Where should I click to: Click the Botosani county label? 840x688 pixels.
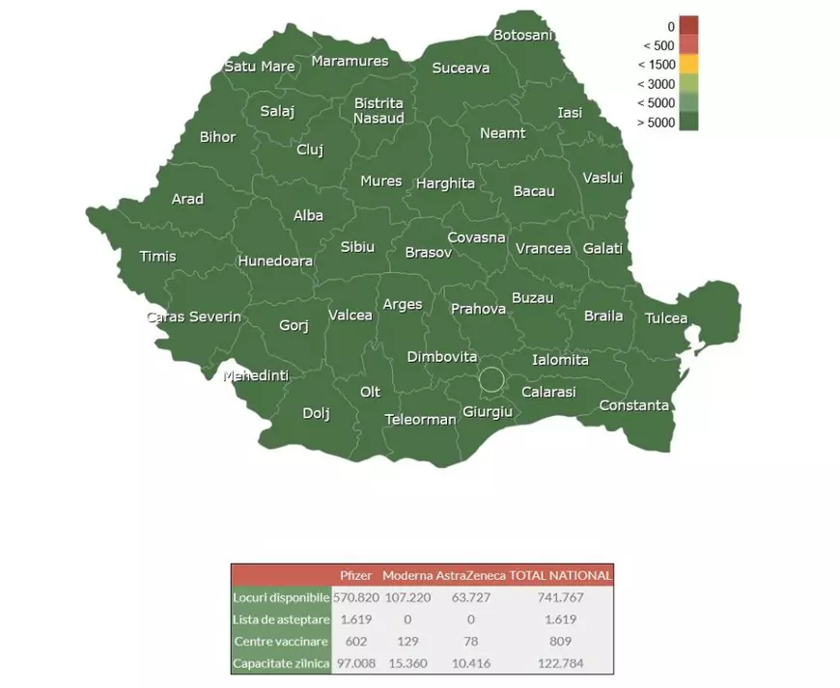pos(522,36)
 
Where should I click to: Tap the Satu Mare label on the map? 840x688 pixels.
pos(260,67)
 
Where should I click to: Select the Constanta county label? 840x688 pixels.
pos(633,405)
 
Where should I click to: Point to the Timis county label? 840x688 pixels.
pos(158,256)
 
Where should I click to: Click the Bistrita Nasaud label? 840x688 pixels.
pos(378,110)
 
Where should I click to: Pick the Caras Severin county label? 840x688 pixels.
pos(194,316)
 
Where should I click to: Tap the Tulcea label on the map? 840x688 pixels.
pos(666,317)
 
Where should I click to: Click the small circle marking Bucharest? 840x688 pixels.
pos(491,379)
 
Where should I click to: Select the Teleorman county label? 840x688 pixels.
pos(420,420)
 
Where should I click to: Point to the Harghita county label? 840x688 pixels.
pos(445,183)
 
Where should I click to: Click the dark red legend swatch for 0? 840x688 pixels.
pos(687,26)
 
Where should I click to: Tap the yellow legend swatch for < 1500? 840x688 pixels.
pos(687,65)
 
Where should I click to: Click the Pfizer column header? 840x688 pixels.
pos(355,575)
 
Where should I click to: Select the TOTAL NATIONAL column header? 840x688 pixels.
pos(560,575)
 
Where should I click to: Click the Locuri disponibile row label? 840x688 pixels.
pos(281,597)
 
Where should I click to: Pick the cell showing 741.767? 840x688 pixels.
pos(560,597)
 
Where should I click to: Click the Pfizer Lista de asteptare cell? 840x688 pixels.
pos(355,619)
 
